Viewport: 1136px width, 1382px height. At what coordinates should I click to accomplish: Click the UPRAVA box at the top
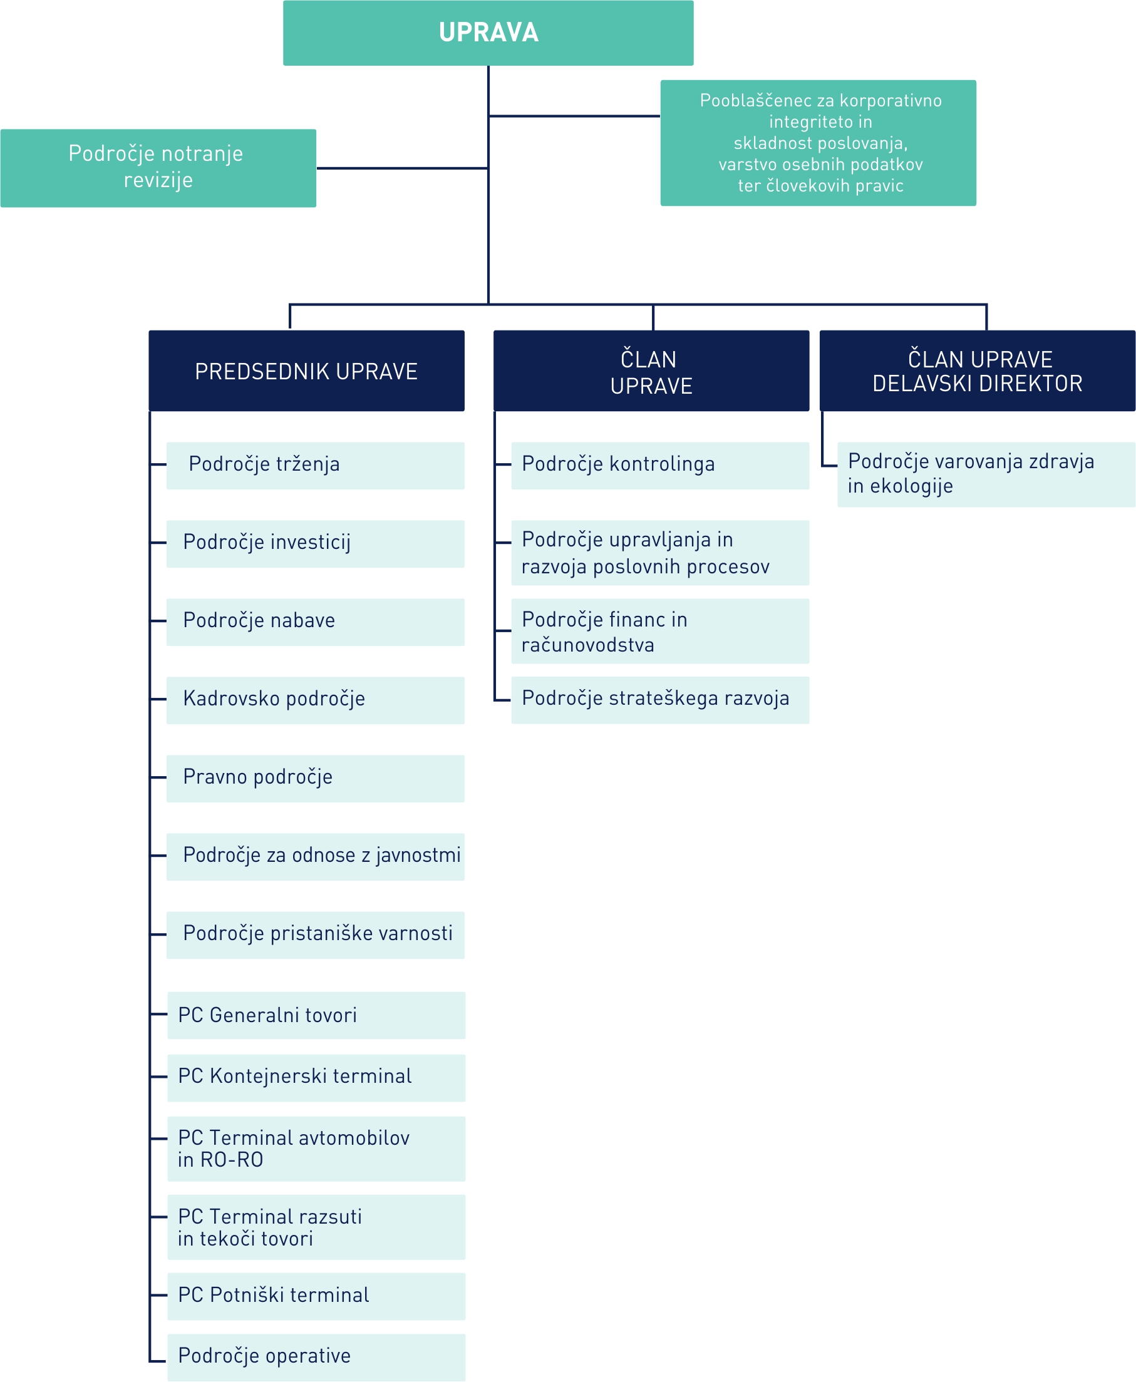click(x=488, y=33)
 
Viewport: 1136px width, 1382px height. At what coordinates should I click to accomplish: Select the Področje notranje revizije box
click(x=158, y=168)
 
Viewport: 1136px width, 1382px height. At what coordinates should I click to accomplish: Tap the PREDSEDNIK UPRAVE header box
click(x=307, y=371)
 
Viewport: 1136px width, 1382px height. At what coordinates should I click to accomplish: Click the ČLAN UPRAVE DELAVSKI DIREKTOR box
click(x=978, y=371)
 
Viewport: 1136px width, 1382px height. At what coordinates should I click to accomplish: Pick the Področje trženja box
click(x=316, y=466)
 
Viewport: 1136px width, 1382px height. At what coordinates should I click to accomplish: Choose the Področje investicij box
click(x=316, y=544)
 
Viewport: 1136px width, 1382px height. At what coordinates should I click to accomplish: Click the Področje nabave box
click(x=316, y=622)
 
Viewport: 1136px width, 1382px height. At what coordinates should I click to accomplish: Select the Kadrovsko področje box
click(x=316, y=700)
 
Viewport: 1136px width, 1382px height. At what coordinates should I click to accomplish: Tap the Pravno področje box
click(x=316, y=779)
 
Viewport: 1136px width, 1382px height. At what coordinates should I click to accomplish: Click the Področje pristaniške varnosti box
click(x=316, y=935)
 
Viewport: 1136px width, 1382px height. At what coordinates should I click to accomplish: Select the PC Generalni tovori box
click(x=317, y=1015)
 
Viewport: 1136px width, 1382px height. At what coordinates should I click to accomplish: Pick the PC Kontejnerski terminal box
click(x=317, y=1078)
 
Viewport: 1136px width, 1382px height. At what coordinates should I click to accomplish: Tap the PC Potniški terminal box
click(x=317, y=1296)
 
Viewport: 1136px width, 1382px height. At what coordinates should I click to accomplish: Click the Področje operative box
click(x=317, y=1358)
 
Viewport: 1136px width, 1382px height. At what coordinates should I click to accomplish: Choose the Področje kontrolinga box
click(x=660, y=466)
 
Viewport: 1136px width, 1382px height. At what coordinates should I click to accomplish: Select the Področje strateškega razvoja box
click(x=660, y=700)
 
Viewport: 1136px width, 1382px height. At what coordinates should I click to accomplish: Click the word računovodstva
click(x=587, y=645)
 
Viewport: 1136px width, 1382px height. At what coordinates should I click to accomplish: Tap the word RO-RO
click(x=232, y=1160)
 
